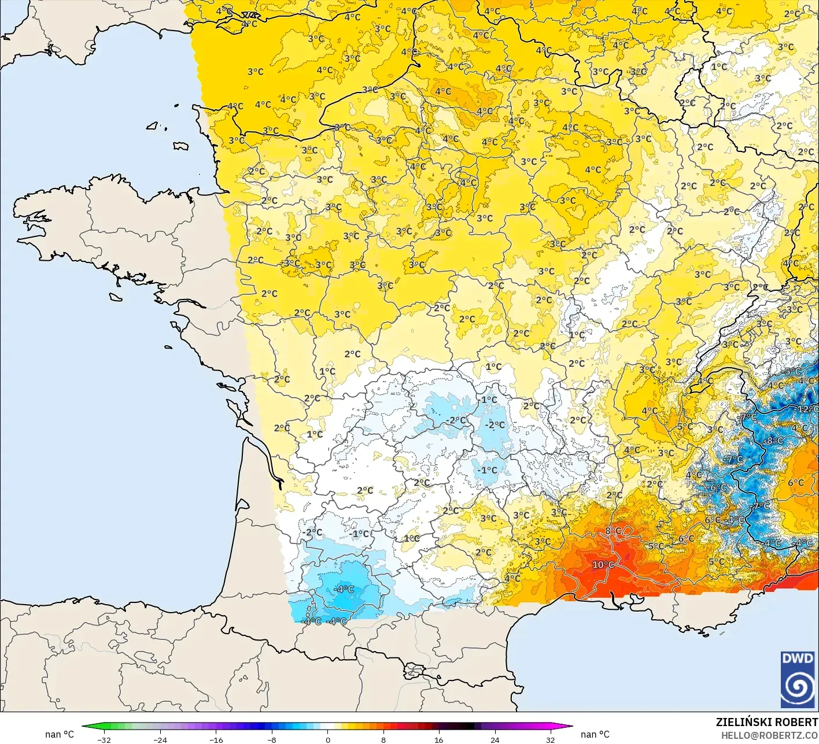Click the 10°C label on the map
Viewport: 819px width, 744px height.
click(x=603, y=565)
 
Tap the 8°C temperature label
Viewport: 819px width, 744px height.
click(x=613, y=531)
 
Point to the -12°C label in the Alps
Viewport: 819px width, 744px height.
click(x=807, y=409)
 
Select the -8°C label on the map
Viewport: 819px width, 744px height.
click(x=773, y=441)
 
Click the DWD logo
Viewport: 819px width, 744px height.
click(x=798, y=680)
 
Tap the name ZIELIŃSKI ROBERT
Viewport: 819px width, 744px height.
click(x=766, y=722)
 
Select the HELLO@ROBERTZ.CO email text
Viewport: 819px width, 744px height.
click(x=769, y=735)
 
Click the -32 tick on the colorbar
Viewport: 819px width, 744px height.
click(x=104, y=739)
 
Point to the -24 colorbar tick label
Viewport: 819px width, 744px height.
click(x=160, y=739)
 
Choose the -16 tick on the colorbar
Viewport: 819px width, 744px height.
click(x=216, y=739)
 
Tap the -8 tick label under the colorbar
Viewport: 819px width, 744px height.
click(x=272, y=739)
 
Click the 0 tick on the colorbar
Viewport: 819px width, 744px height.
click(x=327, y=739)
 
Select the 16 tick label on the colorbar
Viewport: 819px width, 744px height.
click(x=439, y=739)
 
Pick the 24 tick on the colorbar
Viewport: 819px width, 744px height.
click(x=495, y=739)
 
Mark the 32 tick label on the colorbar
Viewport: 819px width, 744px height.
click(x=550, y=739)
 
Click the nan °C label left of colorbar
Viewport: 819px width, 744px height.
click(x=60, y=734)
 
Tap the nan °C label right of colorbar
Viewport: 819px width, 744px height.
click(x=595, y=734)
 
